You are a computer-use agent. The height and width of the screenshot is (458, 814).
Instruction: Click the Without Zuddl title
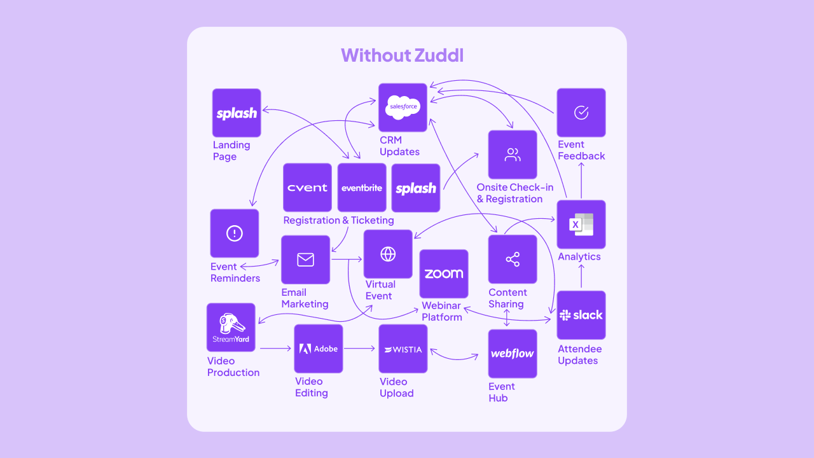click(402, 55)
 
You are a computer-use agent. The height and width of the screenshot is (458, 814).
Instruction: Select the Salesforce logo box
click(403, 108)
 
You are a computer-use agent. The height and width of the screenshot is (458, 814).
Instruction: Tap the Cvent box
click(307, 188)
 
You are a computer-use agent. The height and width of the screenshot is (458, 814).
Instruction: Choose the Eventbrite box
click(362, 188)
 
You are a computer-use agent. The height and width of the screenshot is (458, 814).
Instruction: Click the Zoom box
click(444, 274)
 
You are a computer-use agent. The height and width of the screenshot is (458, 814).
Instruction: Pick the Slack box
click(581, 315)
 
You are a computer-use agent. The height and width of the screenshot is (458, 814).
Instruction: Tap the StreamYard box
click(231, 327)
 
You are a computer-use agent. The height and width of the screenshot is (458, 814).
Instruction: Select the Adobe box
click(319, 349)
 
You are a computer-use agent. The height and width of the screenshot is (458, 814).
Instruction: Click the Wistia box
click(403, 349)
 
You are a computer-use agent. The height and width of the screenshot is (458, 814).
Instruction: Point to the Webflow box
click(513, 354)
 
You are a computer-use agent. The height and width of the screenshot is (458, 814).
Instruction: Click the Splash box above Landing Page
click(237, 113)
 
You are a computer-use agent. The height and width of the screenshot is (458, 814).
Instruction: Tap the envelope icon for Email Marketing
click(306, 260)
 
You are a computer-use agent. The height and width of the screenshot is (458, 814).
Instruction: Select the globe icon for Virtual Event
click(388, 254)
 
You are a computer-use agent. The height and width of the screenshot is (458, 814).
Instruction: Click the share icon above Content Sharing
click(513, 259)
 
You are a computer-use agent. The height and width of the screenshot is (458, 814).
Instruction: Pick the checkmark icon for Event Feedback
click(581, 113)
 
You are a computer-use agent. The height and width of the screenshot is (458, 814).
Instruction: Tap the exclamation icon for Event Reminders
click(235, 233)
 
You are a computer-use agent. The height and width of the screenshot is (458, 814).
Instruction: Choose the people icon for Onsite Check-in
click(513, 155)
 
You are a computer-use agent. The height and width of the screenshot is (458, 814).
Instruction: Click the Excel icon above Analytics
click(581, 225)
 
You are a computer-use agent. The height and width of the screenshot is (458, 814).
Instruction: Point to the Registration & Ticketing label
click(338, 221)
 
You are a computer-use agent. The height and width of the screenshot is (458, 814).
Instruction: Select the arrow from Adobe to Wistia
click(361, 349)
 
